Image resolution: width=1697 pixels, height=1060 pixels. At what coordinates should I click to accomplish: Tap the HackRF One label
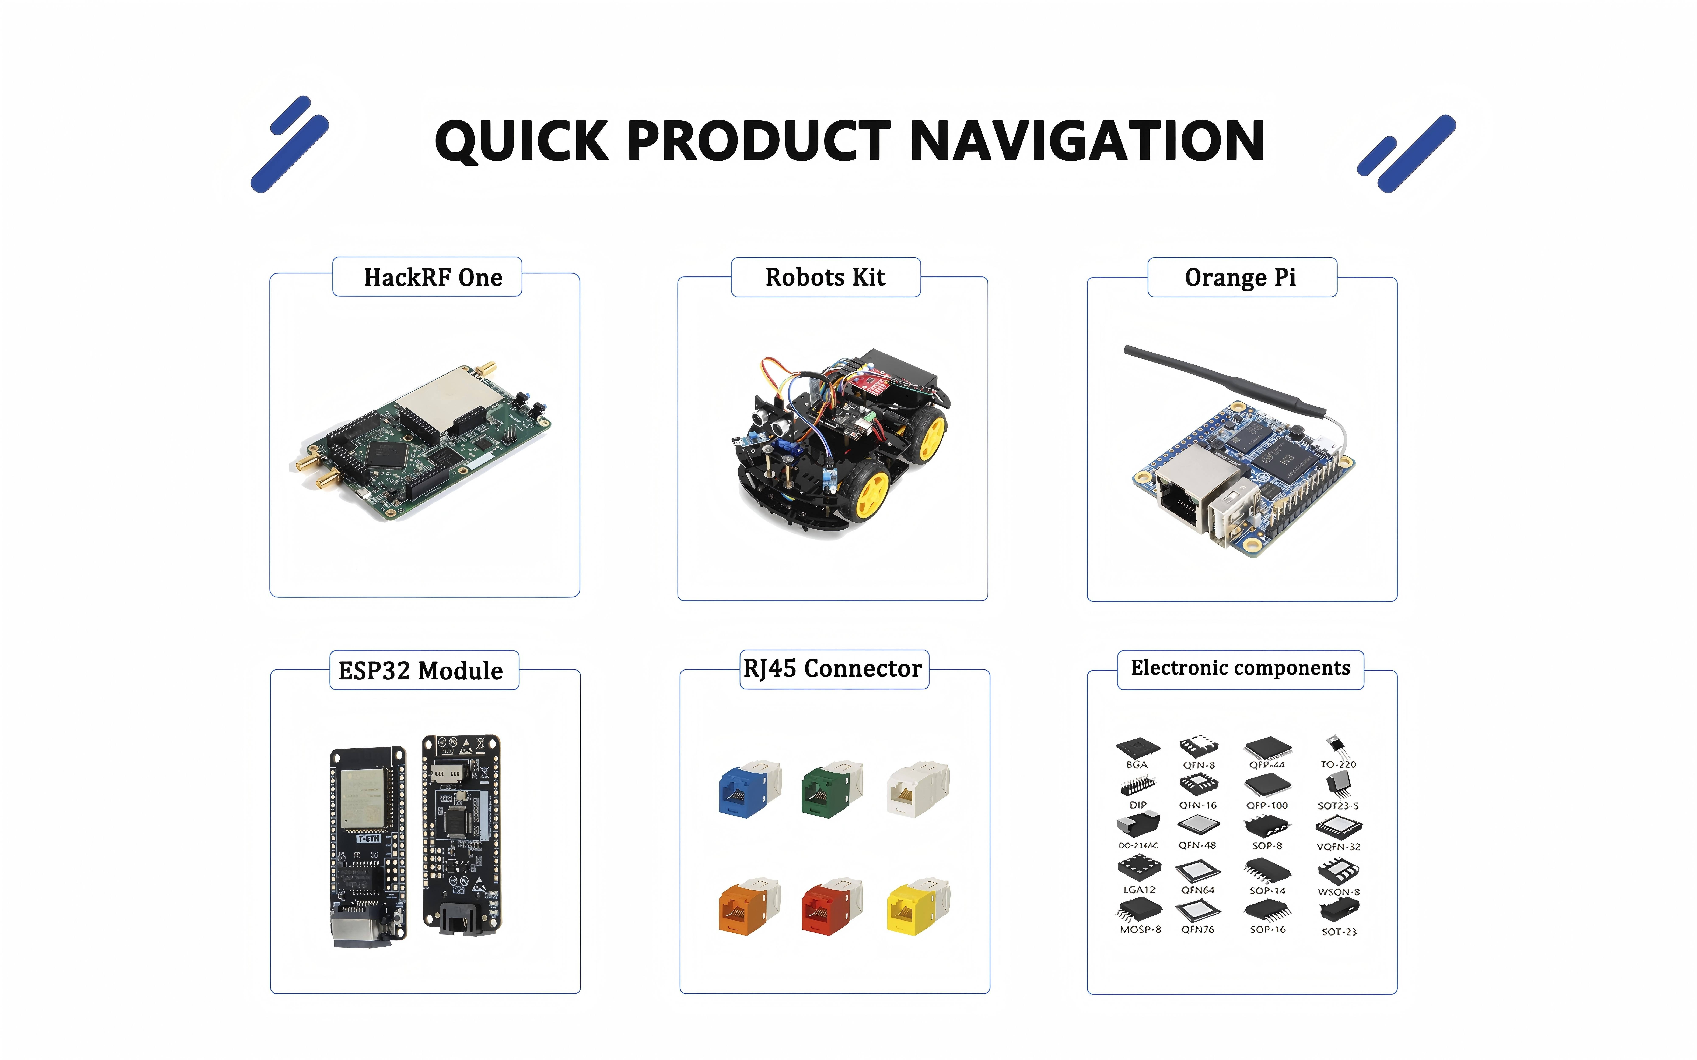coord(433,278)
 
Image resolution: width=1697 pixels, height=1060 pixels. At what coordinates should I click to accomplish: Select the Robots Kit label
coord(825,278)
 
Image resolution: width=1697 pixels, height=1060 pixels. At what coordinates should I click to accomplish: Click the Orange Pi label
coord(1241,278)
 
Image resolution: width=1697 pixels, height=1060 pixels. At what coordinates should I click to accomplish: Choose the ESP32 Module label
coord(421,671)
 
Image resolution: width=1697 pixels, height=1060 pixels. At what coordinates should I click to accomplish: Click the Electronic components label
coord(1240,668)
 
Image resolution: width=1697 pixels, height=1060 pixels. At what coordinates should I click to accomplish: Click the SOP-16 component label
coord(1267,930)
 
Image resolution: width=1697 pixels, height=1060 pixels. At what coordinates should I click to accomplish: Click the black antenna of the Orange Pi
coord(1220,379)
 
